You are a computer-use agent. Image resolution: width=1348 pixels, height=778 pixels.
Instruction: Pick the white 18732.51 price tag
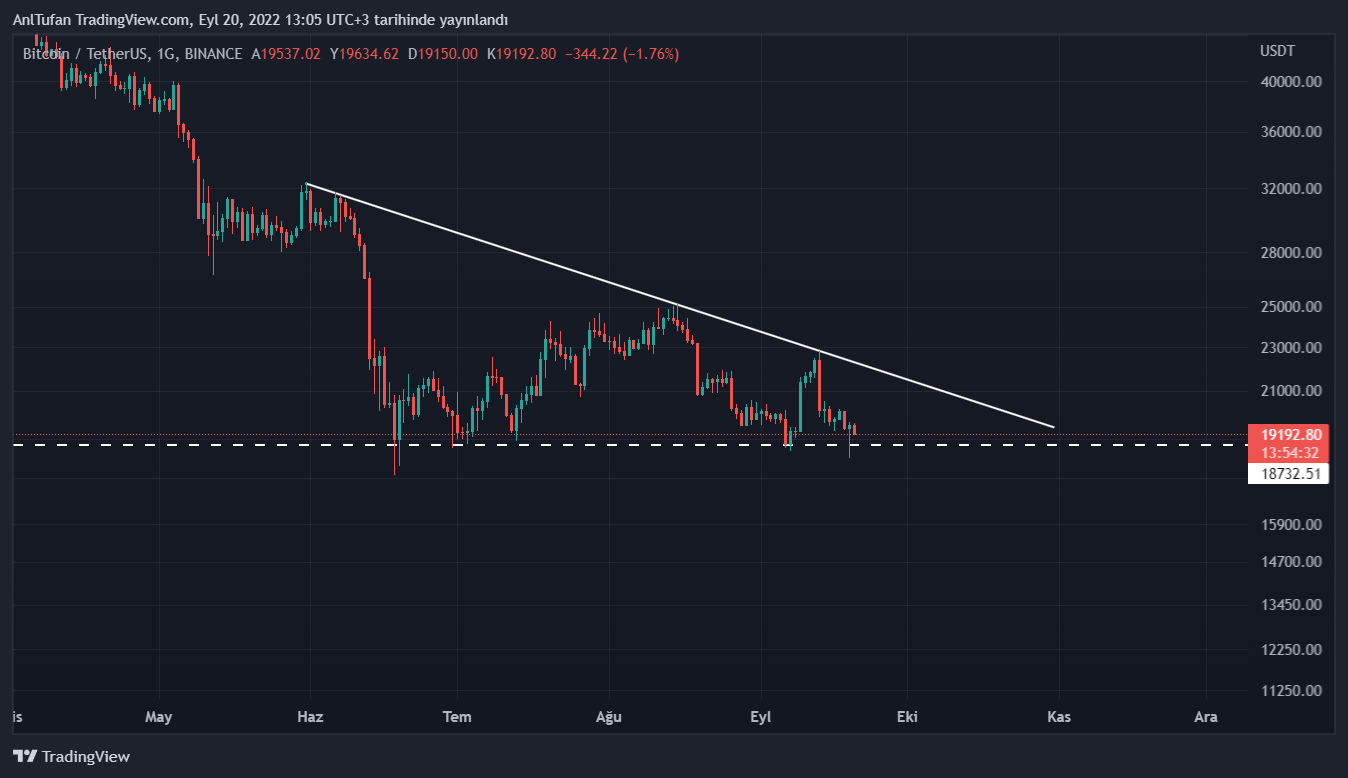(x=1288, y=474)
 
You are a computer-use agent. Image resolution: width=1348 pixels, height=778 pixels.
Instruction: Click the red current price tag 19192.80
(x=1288, y=435)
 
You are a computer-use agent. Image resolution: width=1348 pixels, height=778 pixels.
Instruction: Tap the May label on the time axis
(x=159, y=716)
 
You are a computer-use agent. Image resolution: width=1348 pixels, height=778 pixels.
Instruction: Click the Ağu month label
(x=609, y=716)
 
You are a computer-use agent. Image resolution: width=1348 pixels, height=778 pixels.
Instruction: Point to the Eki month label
(x=907, y=716)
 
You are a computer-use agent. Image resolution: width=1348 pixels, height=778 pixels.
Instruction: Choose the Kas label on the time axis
(x=1059, y=716)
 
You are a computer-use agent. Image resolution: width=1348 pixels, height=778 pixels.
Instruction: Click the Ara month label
(x=1207, y=716)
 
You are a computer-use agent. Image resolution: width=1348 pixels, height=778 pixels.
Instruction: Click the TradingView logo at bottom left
(x=71, y=757)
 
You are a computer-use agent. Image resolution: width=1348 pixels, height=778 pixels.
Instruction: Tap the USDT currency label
(x=1277, y=51)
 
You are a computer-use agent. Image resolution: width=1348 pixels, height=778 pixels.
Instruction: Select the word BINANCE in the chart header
(x=213, y=54)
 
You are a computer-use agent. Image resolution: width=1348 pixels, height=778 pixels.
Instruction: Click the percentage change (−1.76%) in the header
(x=650, y=54)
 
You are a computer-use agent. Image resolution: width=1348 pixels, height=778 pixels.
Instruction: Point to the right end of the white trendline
(x=1054, y=427)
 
